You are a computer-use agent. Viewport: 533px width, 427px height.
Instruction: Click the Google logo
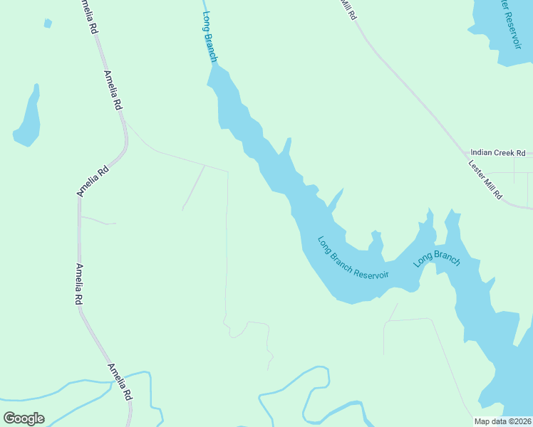(24, 418)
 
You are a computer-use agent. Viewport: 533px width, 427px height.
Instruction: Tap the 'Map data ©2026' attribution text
(503, 421)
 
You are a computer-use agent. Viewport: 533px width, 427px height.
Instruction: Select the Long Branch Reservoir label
(353, 258)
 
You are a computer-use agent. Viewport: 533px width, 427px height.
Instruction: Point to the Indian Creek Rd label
(497, 153)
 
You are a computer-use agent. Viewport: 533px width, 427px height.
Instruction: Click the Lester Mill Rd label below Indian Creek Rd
(485, 179)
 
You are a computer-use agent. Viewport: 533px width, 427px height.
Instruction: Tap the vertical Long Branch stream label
(209, 36)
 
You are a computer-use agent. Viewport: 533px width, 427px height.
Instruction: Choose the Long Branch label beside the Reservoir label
(437, 260)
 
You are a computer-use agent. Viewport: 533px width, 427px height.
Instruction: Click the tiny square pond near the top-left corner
(48, 23)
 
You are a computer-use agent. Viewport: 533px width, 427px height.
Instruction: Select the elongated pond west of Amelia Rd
(29, 117)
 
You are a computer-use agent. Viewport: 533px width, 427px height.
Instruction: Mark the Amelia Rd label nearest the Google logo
(120, 381)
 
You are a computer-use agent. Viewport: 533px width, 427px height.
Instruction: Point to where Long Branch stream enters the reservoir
(213, 65)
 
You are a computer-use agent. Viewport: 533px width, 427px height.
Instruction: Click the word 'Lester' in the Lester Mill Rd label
(475, 169)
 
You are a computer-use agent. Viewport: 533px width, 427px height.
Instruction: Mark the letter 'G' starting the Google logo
(9, 418)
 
